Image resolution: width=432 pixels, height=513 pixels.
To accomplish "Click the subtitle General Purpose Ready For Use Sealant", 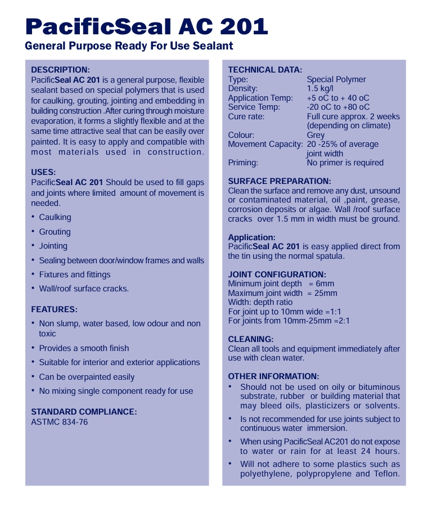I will click(x=129, y=46).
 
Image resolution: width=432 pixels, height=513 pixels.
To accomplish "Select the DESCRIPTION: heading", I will click(x=60, y=70).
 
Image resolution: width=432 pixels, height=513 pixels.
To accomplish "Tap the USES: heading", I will click(x=43, y=172).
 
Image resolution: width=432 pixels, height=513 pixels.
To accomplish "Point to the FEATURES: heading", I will click(x=54, y=309).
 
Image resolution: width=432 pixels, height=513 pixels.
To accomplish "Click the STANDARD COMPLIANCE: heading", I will click(x=84, y=412).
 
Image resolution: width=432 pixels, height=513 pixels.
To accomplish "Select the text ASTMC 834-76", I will click(x=60, y=421).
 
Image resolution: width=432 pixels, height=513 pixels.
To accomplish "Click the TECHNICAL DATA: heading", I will click(x=265, y=70).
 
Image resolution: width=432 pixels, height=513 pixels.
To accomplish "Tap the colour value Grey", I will click(x=316, y=135).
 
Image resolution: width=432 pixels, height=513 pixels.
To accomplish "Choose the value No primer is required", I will click(x=345, y=163).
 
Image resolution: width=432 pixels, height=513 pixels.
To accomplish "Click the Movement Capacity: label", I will click(x=265, y=144).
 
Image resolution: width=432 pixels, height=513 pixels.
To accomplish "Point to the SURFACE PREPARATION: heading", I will click(x=280, y=181).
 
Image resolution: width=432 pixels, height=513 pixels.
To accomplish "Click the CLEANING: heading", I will click(x=250, y=339).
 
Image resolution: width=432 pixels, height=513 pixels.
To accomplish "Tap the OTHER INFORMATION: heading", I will click(x=273, y=376).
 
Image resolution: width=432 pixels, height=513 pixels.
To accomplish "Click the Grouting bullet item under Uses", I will click(x=55, y=232).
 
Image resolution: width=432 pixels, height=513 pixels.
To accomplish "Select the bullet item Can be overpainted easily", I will click(x=87, y=377).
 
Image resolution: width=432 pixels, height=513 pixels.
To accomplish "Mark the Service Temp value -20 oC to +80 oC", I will click(x=338, y=107).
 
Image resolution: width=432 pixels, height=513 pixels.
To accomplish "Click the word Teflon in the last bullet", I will click(x=387, y=474).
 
